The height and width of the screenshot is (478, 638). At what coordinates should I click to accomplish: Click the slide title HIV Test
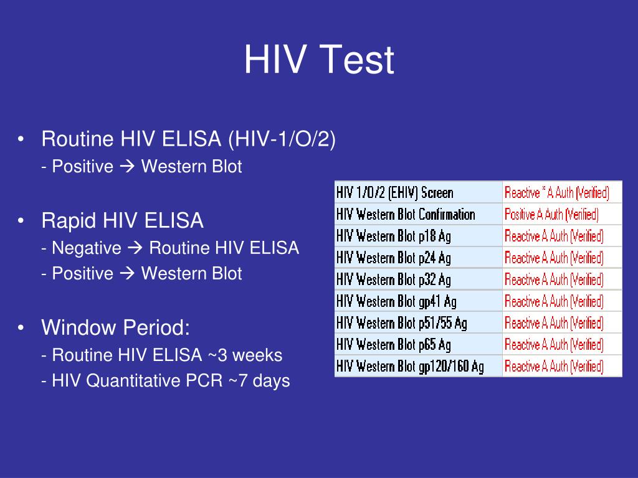click(319, 59)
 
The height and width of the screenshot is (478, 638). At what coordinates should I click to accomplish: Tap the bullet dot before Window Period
click(21, 327)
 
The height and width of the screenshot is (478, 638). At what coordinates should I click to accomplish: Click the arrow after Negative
click(135, 248)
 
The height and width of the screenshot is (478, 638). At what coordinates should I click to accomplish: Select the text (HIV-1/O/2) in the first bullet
click(282, 139)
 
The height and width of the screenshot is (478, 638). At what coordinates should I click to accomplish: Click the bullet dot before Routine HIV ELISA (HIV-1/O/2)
click(21, 139)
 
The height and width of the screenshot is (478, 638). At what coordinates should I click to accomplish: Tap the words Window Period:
click(115, 327)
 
